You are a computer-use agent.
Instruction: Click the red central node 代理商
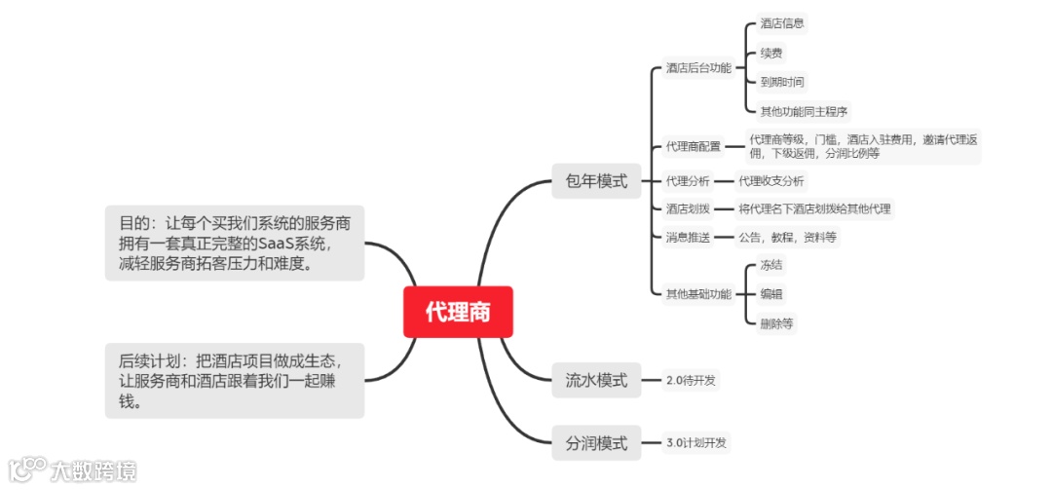458,312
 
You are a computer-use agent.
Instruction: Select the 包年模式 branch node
596,181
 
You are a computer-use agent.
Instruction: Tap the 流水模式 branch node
596,380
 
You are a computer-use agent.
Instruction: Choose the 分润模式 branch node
596,444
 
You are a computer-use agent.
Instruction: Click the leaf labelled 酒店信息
782,23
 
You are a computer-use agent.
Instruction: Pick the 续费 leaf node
770,53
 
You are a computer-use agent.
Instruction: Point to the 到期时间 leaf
782,82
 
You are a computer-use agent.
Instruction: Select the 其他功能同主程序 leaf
804,111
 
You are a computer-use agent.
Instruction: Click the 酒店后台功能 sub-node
698,68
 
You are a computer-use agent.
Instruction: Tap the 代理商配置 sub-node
694,147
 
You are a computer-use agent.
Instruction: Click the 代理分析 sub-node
688,181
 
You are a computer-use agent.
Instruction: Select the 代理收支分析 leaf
771,181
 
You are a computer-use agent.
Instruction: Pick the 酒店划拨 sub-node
688,208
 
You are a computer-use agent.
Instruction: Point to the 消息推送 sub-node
688,237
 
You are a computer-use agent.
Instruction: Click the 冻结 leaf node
770,265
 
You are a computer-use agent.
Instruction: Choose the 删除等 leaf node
776,323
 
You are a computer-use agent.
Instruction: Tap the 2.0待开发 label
692,380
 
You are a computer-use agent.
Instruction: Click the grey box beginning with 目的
234,244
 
